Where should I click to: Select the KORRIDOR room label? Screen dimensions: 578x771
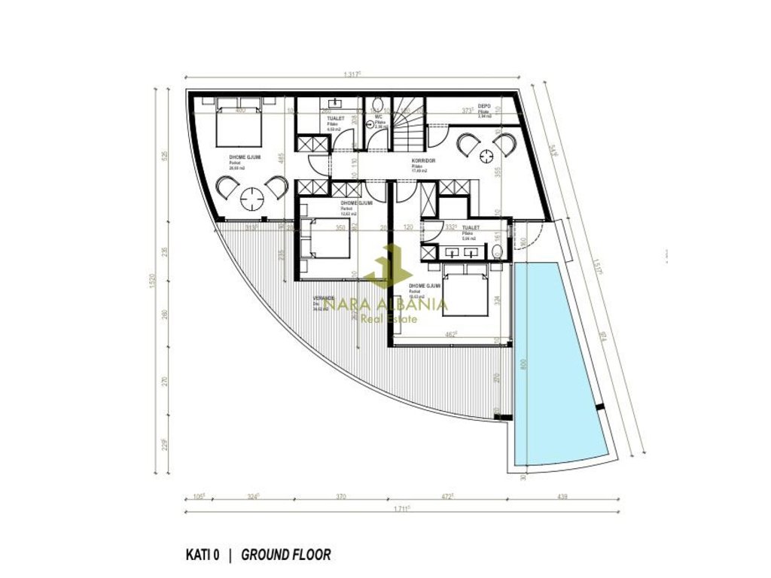[x=421, y=162]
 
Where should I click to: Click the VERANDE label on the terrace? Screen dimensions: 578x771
[x=324, y=298]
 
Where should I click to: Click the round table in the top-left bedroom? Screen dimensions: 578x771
[x=251, y=198]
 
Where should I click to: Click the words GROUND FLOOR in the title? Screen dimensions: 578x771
[x=285, y=555]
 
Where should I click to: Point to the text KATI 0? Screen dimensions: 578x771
[x=202, y=555]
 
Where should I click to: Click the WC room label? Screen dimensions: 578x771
[x=379, y=117]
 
